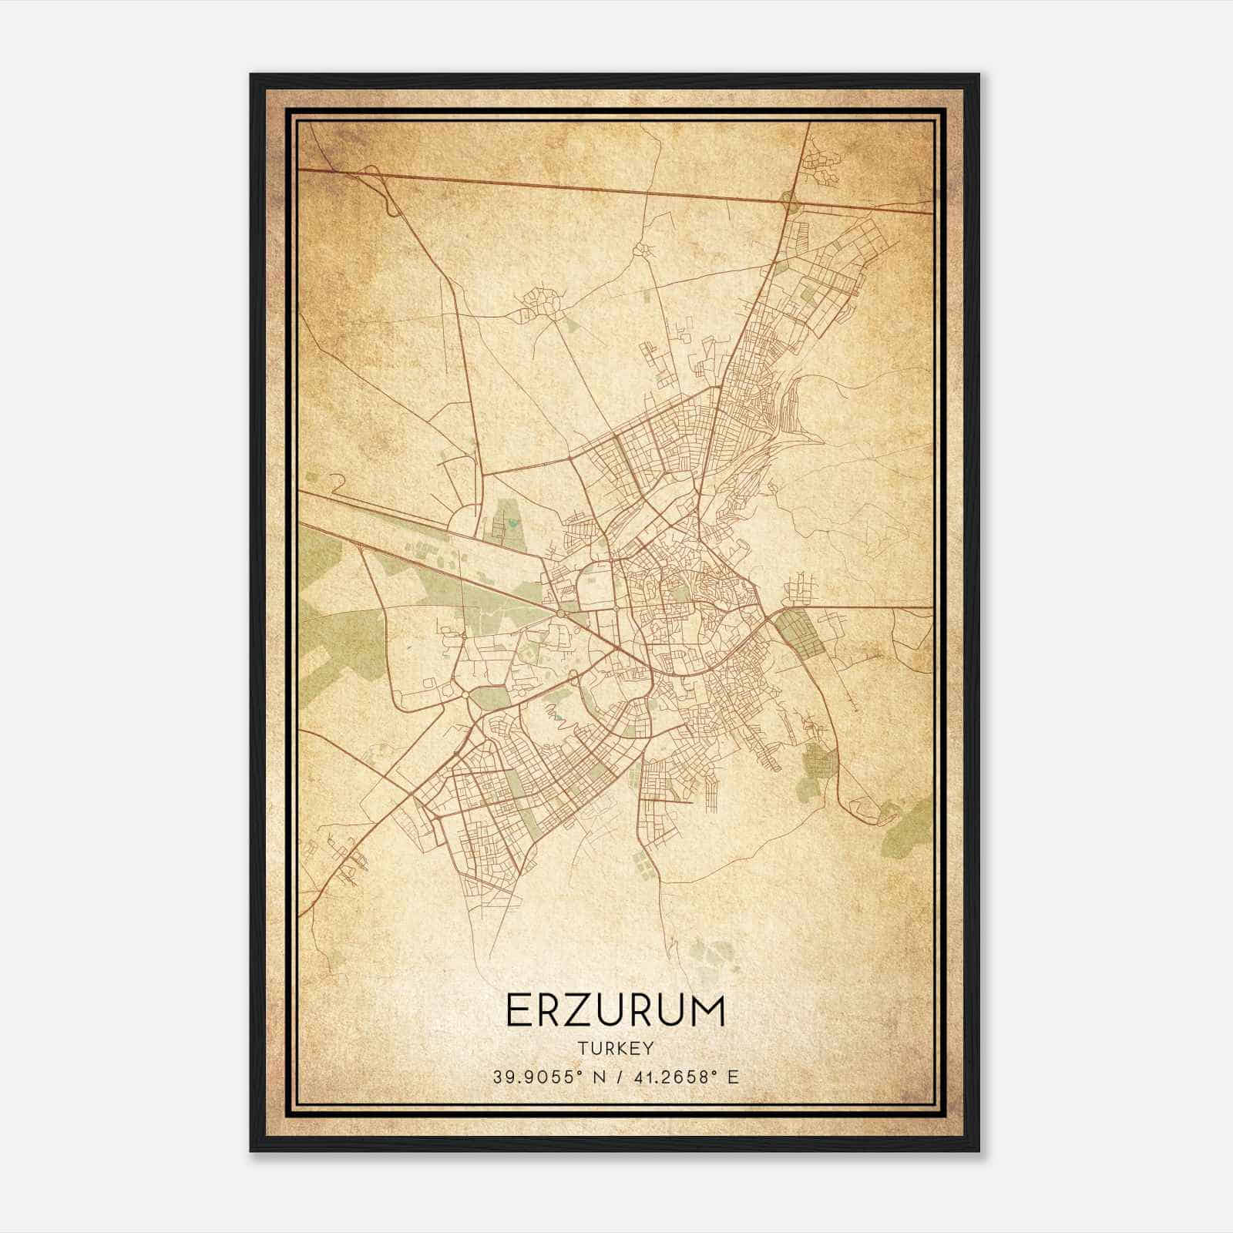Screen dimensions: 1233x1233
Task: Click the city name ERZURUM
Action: (615, 1010)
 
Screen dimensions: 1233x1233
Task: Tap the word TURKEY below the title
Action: (615, 1049)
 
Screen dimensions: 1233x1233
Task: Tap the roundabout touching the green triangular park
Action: (467, 694)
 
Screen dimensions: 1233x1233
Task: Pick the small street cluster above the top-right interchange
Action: (819, 163)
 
